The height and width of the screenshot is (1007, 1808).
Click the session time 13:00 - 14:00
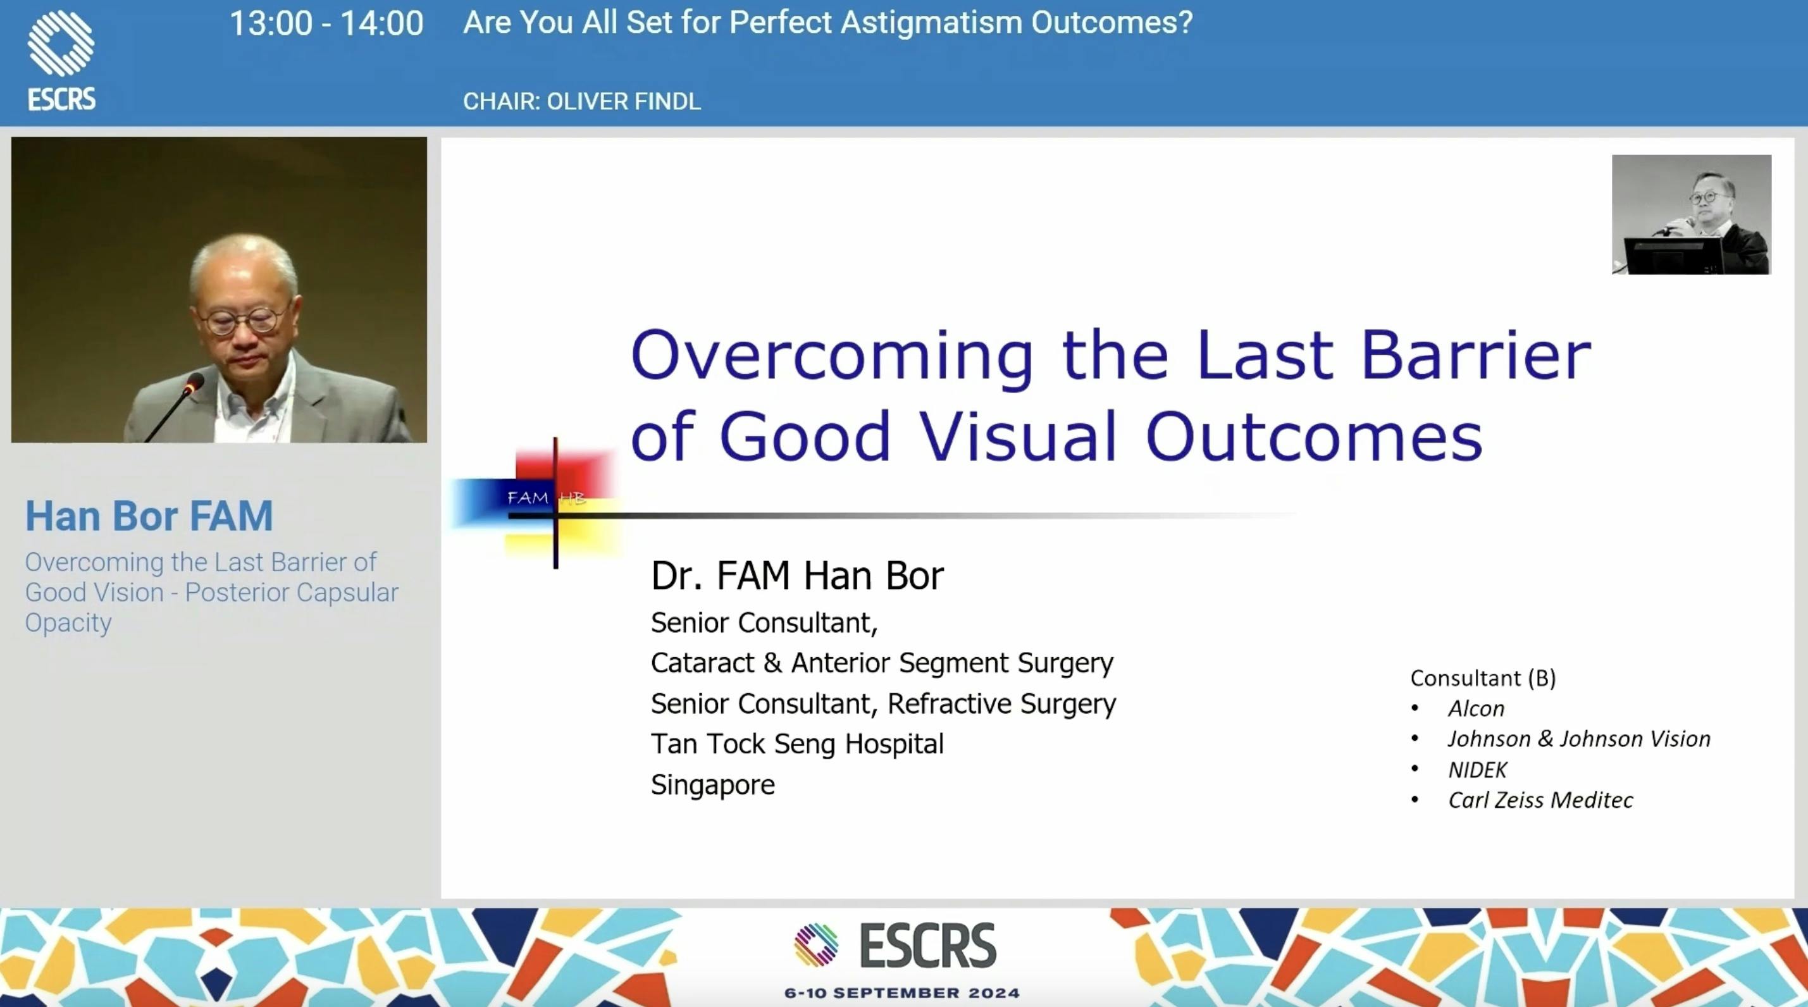[326, 24]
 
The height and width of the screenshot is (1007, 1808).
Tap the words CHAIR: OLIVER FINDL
[581, 102]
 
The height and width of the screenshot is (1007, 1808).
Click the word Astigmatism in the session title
[931, 23]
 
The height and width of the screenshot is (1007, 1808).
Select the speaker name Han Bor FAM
[149, 517]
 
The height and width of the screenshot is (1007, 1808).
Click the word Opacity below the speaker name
[68, 623]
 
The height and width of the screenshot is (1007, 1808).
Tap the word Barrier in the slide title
[1475, 355]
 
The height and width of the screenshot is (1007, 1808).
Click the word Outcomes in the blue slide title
[1313, 436]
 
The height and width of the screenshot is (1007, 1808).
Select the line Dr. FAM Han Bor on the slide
[796, 576]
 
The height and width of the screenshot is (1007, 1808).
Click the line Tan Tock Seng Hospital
[796, 744]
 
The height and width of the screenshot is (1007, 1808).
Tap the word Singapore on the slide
[712, 784]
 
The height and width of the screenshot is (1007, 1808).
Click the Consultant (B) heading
[1482, 678]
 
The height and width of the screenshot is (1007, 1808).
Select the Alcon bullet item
[1475, 709]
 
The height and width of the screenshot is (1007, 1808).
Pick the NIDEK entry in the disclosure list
[1477, 770]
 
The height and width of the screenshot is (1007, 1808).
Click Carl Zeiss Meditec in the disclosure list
[1540, 800]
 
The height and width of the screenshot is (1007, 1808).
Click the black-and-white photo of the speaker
[1691, 214]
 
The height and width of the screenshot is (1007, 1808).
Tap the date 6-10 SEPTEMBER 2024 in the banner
[902, 993]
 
